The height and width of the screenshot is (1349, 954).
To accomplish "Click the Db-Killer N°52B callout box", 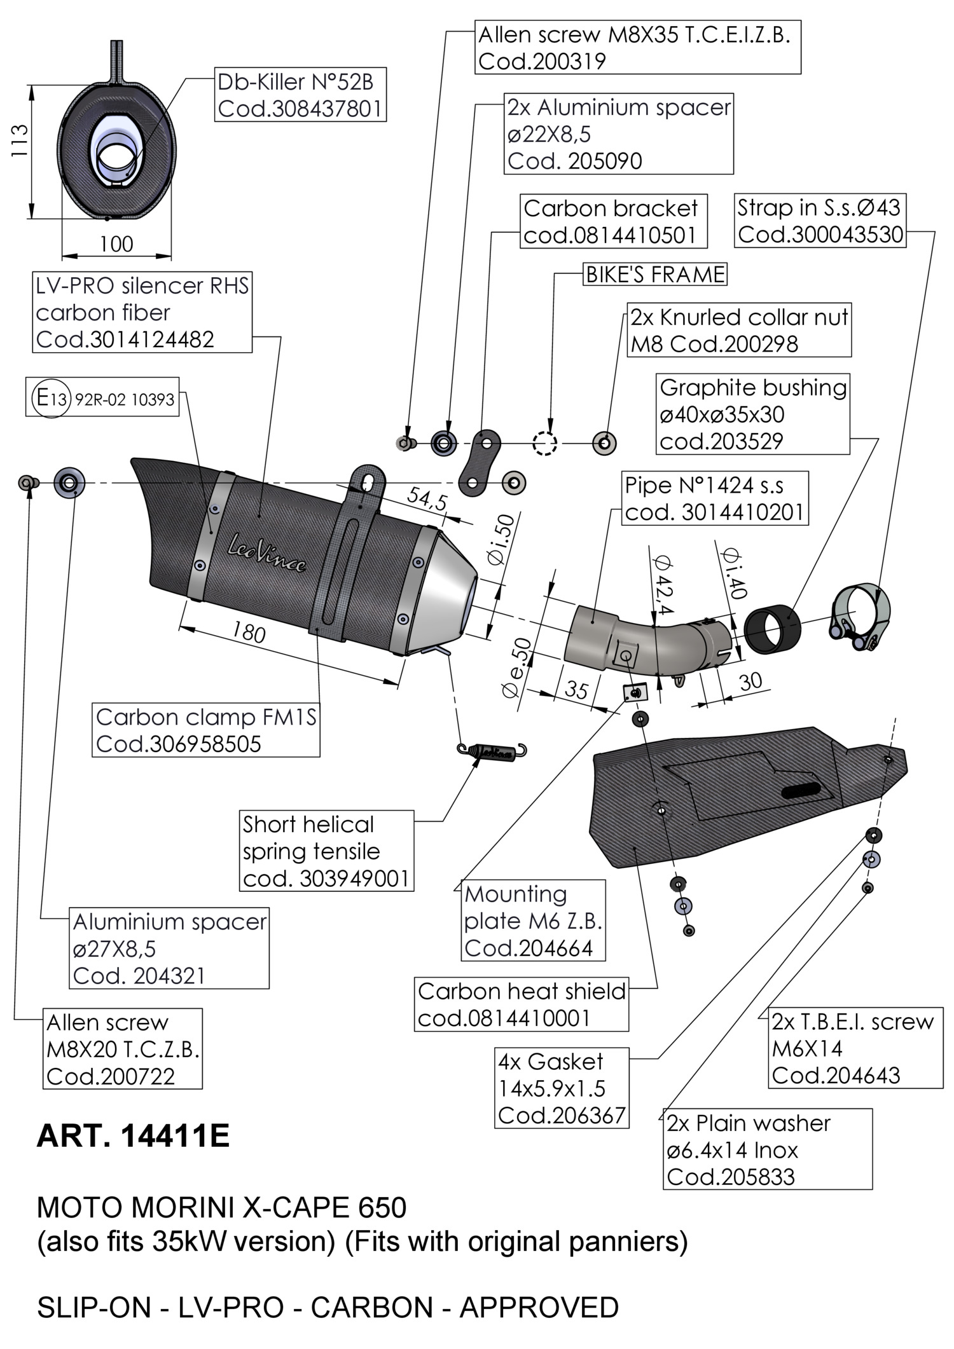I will [300, 95].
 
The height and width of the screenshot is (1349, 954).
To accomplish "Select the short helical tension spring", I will [492, 751].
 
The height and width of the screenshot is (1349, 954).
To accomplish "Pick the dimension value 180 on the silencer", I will [249, 632].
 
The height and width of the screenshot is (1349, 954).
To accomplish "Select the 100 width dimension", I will [116, 244].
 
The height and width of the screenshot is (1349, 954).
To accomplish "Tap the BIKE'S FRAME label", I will [655, 275].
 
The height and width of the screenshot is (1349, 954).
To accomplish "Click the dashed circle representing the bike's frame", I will [544, 443].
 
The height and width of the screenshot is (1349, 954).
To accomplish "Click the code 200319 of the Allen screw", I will [542, 62].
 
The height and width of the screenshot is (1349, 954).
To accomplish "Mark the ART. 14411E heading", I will [133, 1136].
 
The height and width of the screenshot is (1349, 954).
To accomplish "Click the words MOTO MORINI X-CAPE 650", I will [221, 1207].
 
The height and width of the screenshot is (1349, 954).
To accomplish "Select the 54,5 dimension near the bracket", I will [427, 497].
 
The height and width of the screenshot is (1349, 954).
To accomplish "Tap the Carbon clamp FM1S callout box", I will [206, 730].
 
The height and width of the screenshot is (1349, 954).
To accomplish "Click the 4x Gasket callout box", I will [562, 1088].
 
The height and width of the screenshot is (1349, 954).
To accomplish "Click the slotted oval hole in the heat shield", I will [803, 790].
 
